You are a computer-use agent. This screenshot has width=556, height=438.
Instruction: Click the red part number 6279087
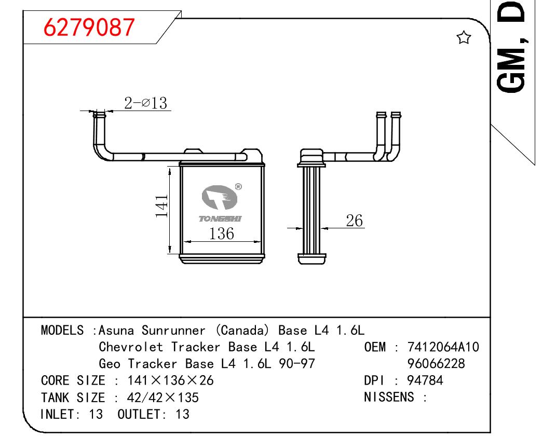click(89, 28)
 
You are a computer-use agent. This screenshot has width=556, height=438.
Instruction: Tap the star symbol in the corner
click(464, 37)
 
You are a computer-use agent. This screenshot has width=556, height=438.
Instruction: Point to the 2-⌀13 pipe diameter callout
click(145, 103)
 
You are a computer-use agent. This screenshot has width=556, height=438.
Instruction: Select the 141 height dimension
click(161, 206)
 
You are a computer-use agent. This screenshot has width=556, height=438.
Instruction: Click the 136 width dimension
click(221, 234)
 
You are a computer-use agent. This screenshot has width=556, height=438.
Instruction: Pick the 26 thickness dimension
click(354, 221)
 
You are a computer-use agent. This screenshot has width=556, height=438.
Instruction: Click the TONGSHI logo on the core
click(220, 204)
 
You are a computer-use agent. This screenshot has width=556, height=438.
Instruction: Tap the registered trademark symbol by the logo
click(238, 187)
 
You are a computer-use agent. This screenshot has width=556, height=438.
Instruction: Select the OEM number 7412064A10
click(443, 347)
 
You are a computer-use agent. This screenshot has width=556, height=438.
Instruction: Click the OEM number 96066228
click(436, 364)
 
